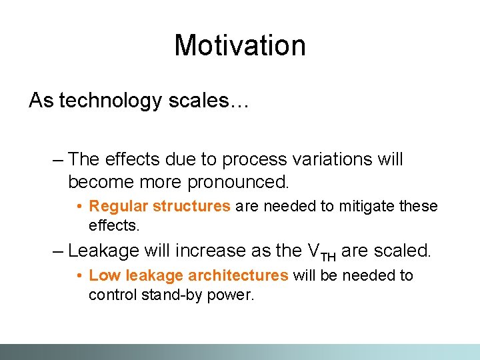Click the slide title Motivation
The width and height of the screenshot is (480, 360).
coord(240,45)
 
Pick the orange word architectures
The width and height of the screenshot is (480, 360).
coord(238,275)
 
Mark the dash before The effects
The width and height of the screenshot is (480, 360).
coord(57,160)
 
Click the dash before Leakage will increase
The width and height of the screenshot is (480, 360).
coord(57,251)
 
